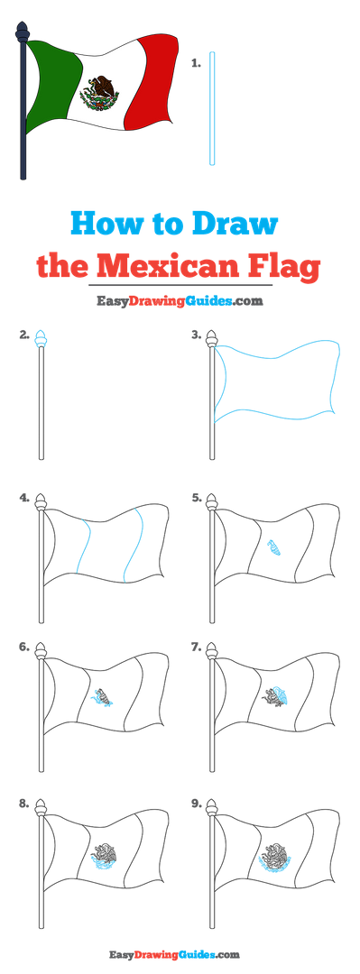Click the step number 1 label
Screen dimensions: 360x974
(x=196, y=63)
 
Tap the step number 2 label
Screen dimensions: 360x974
(x=24, y=336)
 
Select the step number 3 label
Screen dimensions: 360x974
(x=197, y=336)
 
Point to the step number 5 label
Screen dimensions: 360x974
(x=197, y=498)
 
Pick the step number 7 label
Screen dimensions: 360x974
(x=197, y=648)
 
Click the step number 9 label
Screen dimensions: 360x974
(x=197, y=804)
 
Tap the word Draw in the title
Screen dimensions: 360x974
(x=235, y=224)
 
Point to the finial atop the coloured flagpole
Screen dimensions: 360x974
(x=23, y=32)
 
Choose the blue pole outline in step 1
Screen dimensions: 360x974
(x=212, y=109)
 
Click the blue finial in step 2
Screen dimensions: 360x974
(x=41, y=338)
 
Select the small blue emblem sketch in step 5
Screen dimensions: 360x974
(x=274, y=547)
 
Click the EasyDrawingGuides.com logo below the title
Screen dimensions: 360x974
(x=180, y=301)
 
